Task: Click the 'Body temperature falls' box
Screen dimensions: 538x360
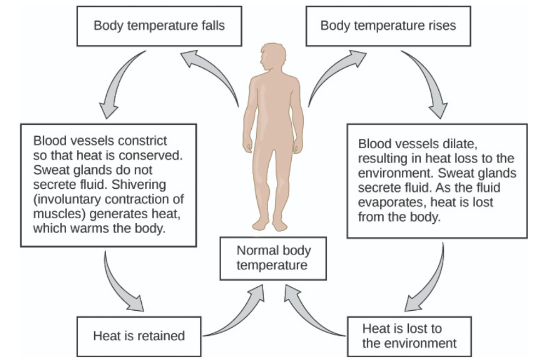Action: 159,26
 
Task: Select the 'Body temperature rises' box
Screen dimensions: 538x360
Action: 388,26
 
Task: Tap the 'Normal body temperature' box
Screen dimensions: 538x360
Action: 273,258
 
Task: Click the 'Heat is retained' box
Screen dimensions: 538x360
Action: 139,336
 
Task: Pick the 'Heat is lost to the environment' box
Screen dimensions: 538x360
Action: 409,336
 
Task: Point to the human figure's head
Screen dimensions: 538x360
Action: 273,56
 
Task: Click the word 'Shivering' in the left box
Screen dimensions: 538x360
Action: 139,185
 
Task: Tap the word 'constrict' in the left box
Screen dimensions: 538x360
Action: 143,141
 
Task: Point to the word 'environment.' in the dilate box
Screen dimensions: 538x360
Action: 396,173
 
